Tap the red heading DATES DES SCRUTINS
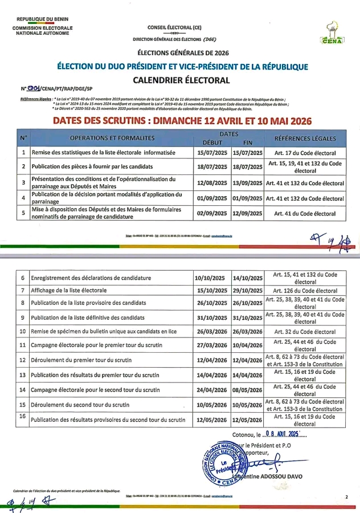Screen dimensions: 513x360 [x=179, y=121]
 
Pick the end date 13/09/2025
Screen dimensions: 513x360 [x=248, y=184]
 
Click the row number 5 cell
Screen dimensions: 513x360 [x=23, y=213]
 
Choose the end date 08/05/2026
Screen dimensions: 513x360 [x=248, y=390]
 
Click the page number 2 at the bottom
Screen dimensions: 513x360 [x=346, y=498]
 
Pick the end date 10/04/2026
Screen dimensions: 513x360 [x=248, y=345]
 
